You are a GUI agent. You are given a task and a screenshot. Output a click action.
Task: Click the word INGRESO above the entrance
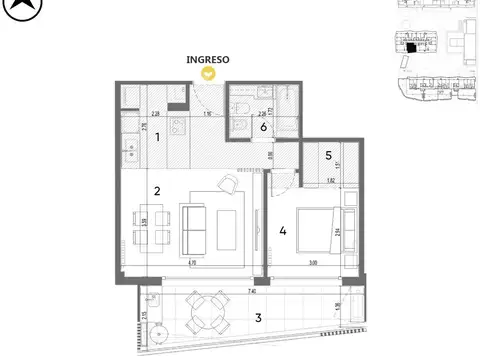point(208,60)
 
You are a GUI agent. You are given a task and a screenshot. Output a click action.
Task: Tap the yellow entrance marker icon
point(208,73)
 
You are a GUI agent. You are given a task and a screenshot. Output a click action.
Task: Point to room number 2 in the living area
point(157,189)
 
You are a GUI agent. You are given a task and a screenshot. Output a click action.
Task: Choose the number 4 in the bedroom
point(284,232)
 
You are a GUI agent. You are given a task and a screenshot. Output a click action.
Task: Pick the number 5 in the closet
point(328,155)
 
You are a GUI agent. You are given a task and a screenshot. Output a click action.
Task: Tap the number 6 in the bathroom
point(264,127)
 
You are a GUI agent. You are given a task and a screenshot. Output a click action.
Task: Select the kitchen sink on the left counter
point(130,153)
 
